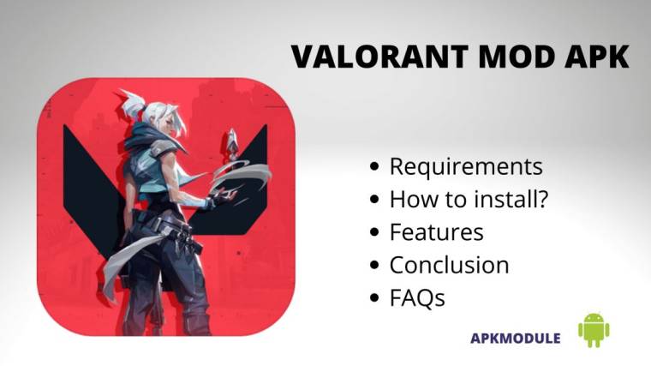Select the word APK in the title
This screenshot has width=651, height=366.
591,57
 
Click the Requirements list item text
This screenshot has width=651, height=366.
466,166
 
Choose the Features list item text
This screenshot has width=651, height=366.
436,232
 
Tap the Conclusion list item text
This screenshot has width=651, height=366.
449,265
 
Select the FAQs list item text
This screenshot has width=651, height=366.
417,298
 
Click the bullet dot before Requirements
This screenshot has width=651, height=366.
375,167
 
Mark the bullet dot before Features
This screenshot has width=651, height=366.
375,233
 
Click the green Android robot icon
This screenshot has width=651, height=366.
594,330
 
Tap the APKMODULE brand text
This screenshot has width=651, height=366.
516,338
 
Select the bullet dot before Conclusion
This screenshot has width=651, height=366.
375,266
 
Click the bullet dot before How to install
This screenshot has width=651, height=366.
375,200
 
